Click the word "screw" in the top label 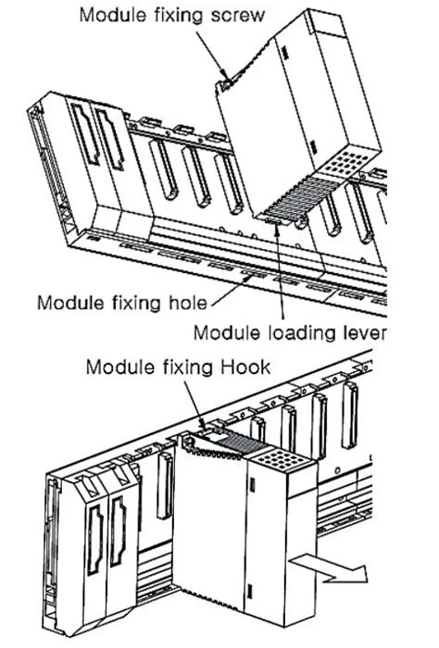tap(239, 16)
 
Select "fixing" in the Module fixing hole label tap(132, 302)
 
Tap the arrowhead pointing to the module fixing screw tap(223, 80)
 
